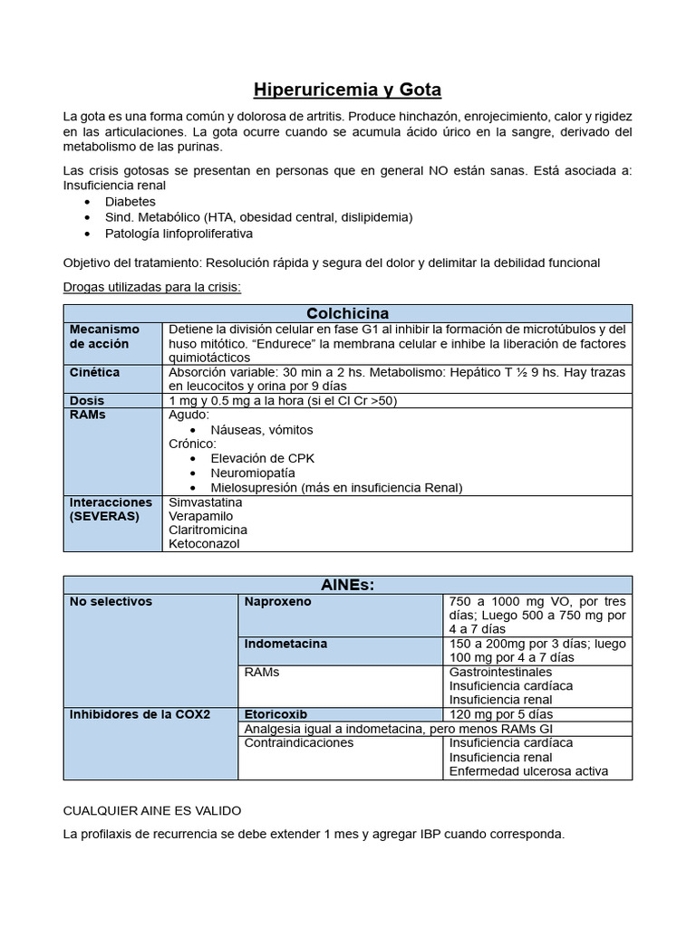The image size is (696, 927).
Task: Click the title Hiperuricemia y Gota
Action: click(x=347, y=90)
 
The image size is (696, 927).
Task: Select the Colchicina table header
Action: click(x=347, y=313)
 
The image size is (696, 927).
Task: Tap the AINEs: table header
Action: click(x=347, y=585)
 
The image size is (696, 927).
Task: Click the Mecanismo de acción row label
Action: click(x=104, y=337)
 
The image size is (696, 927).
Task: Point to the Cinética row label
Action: click(x=94, y=372)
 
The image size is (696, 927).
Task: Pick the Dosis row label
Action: click(x=87, y=400)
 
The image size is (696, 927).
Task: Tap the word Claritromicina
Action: click(x=208, y=530)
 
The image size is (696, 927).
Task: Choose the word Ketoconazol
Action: click(x=204, y=544)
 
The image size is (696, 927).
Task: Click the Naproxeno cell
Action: click(x=277, y=601)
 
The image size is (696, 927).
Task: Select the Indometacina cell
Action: click(x=285, y=644)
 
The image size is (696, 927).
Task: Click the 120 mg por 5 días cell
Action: click(x=500, y=714)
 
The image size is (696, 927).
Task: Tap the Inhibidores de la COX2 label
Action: click(x=140, y=714)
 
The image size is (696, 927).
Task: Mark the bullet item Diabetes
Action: click(x=130, y=202)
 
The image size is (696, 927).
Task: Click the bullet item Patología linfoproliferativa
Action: click(x=179, y=233)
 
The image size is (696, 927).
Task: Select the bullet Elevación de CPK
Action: click(x=262, y=458)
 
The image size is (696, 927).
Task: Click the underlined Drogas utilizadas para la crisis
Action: click(x=151, y=288)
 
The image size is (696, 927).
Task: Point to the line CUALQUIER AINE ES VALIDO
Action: click(x=152, y=810)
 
